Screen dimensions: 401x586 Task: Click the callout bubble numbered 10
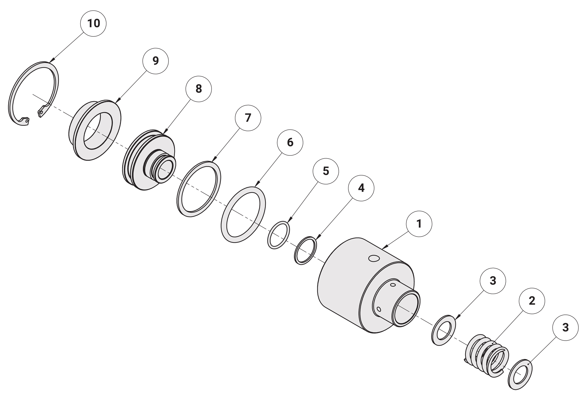click(x=93, y=23)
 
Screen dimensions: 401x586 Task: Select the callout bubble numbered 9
click(x=156, y=61)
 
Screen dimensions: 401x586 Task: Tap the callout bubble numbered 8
click(x=199, y=89)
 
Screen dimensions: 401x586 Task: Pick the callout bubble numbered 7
click(x=248, y=118)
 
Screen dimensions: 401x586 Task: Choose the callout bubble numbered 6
click(x=290, y=142)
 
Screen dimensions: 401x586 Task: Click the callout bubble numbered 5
click(x=326, y=171)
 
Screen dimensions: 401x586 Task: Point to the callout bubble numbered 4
click(x=361, y=188)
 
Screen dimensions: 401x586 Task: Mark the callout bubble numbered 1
click(x=419, y=224)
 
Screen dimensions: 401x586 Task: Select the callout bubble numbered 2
click(x=532, y=301)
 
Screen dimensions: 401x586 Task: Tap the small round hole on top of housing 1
click(x=374, y=258)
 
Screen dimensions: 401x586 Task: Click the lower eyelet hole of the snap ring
click(x=26, y=120)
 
